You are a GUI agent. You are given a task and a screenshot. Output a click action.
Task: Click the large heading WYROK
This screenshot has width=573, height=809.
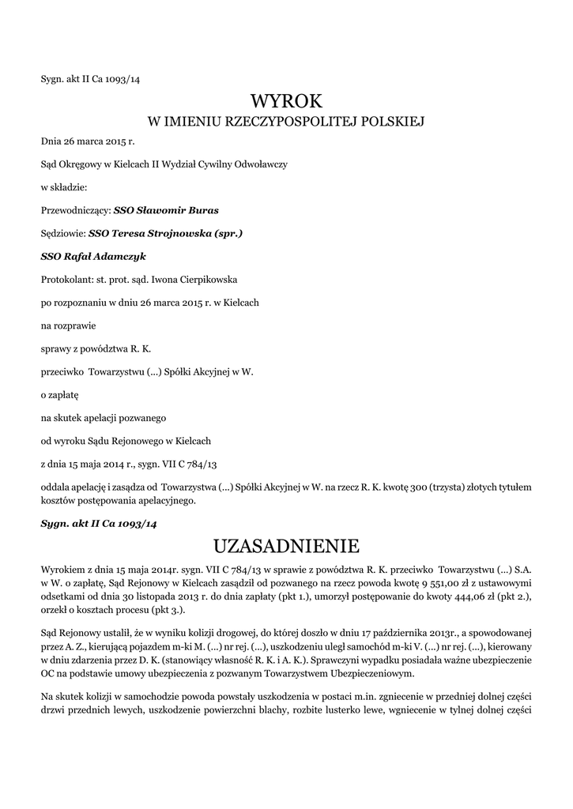click(x=286, y=101)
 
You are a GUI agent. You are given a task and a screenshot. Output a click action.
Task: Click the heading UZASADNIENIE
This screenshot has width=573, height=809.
click(x=286, y=546)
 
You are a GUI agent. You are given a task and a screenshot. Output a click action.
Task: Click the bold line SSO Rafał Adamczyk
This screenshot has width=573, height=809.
click(x=93, y=257)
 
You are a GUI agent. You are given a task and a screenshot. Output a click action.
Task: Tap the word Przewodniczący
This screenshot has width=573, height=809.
click(x=74, y=211)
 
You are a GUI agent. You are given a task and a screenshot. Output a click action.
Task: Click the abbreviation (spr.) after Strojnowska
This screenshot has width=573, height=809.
click(x=228, y=234)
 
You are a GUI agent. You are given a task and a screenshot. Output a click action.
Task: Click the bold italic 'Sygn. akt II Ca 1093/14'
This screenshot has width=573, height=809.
click(x=99, y=524)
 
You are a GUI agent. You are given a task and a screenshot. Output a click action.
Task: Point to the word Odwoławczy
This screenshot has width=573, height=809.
click(x=262, y=165)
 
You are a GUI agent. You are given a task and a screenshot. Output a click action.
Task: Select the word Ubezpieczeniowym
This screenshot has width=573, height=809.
click(x=368, y=673)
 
